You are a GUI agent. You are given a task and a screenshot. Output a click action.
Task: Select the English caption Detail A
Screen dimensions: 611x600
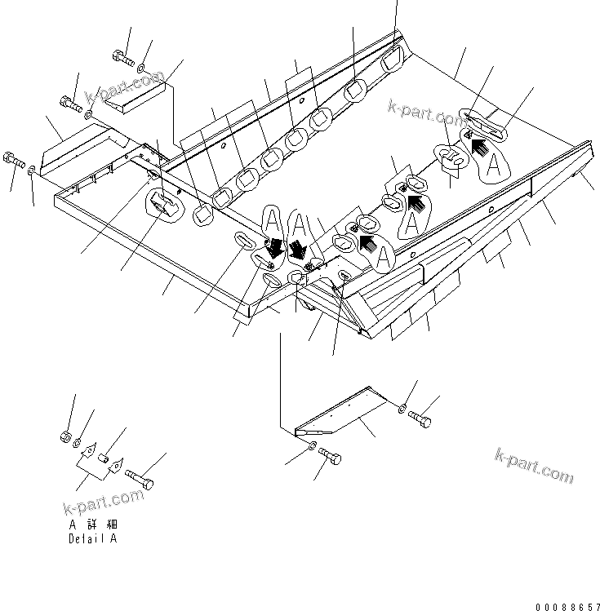[92, 539]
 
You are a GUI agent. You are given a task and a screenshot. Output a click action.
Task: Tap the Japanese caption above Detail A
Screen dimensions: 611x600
[92, 526]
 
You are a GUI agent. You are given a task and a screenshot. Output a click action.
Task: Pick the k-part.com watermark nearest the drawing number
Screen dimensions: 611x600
[534, 464]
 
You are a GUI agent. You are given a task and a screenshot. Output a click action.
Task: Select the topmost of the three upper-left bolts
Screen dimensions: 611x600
[120, 56]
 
